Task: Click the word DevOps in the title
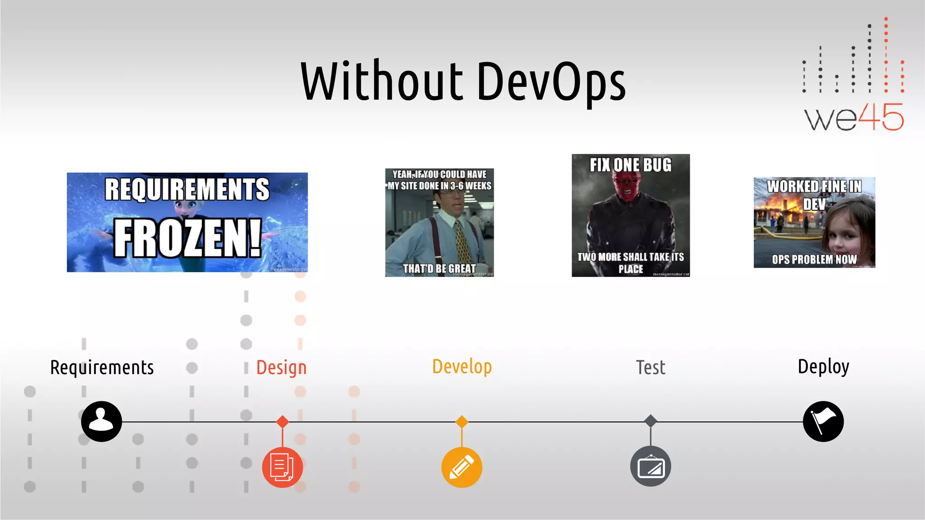pos(551,82)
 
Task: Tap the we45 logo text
pos(854,117)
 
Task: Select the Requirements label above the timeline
pos(102,367)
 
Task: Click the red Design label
pos(281,367)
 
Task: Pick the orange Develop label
pos(462,367)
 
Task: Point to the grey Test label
pos(650,367)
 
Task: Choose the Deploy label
pos(823,367)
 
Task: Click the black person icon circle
pos(102,421)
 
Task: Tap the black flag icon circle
pos(823,421)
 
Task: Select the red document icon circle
pos(282,467)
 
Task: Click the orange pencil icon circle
pos(462,467)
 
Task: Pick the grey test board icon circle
pos(650,466)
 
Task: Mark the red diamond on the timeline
pos(282,422)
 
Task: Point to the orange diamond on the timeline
pos(462,422)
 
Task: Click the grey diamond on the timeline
pos(650,421)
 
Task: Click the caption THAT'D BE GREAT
pos(439,269)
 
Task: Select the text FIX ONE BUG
pos(631,165)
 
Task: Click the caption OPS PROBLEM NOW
pos(814,260)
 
